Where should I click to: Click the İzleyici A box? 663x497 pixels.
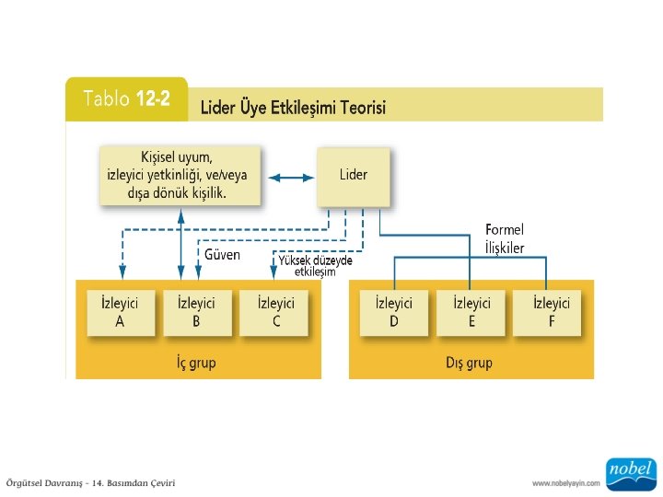119,313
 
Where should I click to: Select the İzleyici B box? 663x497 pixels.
195,313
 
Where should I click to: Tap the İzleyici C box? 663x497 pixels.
275,313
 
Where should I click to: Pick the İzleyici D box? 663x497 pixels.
393,313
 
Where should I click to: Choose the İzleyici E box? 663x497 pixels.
471,313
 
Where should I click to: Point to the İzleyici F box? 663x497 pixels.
552,313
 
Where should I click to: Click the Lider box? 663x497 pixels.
353,175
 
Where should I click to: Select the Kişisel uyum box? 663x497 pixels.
180,175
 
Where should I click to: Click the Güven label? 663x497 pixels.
222,255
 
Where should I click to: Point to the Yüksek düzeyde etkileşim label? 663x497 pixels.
315,265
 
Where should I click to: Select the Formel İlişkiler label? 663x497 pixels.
505,238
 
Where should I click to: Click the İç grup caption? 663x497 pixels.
196,363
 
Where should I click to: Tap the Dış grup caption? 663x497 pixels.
469,363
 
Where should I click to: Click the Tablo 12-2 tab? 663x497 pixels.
126,99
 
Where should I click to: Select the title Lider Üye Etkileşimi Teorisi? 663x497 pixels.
293,108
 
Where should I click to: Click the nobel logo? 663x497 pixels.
631,473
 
